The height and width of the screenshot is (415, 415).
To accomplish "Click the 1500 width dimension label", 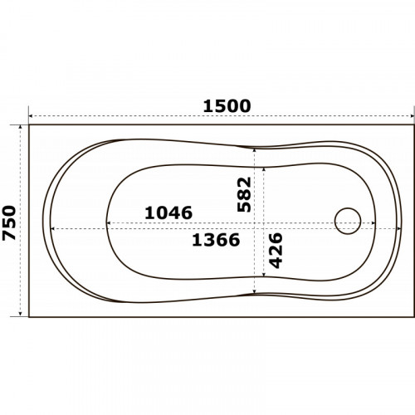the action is pyautogui.click(x=227, y=106).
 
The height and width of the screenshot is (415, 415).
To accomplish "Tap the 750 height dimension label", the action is pyautogui.click(x=9, y=222).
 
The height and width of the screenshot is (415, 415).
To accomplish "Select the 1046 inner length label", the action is pyautogui.click(x=168, y=212).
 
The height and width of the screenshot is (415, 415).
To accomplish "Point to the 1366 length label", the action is pyautogui.click(x=216, y=240).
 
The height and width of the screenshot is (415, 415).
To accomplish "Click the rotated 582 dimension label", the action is pyautogui.click(x=244, y=194).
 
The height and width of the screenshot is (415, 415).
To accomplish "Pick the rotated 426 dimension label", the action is pyautogui.click(x=276, y=251).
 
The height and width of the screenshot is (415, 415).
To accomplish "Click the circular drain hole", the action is pyautogui.click(x=348, y=221).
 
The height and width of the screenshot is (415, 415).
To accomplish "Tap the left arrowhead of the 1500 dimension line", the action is pyautogui.click(x=31, y=116).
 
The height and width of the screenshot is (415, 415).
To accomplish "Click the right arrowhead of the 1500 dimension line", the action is pyautogui.click(x=412, y=116).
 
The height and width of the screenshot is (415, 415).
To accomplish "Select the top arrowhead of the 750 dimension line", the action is pyautogui.click(x=20, y=127).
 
